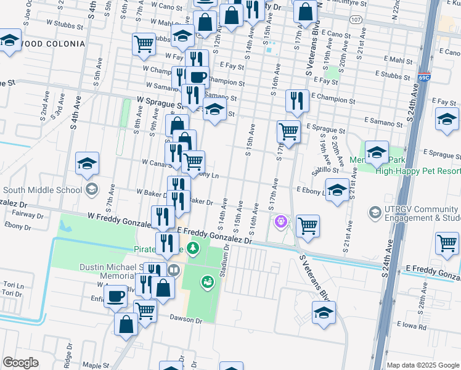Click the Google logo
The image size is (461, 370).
tap(22, 363)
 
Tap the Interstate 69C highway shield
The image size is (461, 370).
tap(424, 78)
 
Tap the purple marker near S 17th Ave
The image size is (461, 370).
tap(281, 220)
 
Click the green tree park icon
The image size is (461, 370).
tap(194, 248)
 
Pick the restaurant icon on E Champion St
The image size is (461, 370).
tap(298, 101)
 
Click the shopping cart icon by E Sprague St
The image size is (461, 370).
tap(288, 131)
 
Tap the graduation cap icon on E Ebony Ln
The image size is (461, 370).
tap(337, 190)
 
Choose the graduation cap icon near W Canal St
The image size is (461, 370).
tap(88, 163)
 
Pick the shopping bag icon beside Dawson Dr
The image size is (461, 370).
tap(126, 324)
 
